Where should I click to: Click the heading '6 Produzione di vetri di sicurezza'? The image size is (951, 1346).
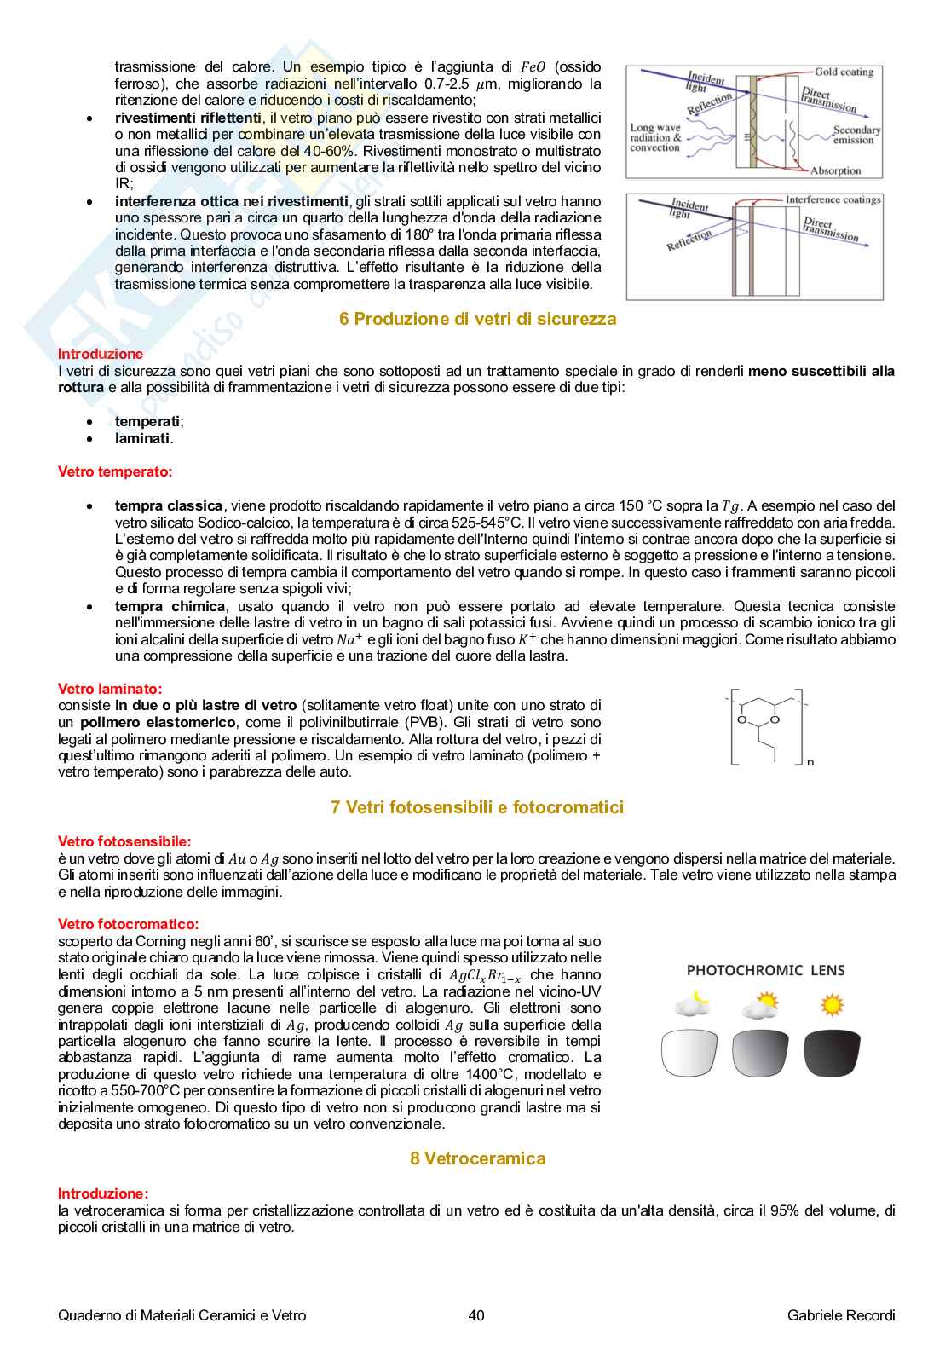click(x=477, y=319)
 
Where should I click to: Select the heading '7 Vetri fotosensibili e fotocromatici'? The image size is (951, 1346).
click(x=477, y=806)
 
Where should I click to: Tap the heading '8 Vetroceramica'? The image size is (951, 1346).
click(x=477, y=1158)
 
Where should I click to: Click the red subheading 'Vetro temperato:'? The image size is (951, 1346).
click(x=114, y=471)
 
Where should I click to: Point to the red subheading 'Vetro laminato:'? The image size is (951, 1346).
click(x=110, y=688)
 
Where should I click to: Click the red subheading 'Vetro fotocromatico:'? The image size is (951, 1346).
click(x=128, y=923)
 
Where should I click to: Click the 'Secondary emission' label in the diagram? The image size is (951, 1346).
click(x=856, y=135)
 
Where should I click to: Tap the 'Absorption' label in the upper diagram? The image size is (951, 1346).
click(x=835, y=170)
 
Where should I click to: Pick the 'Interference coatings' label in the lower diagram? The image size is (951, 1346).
click(x=832, y=199)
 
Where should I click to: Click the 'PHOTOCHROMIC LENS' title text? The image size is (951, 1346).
click(x=765, y=969)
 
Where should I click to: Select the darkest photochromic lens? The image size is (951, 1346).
click(x=832, y=1054)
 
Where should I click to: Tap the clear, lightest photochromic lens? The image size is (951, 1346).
click(x=689, y=1054)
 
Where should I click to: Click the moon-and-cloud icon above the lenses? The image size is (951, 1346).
click(x=694, y=1003)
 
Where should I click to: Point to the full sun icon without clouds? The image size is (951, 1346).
click(x=832, y=1004)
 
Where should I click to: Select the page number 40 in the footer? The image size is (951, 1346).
click(x=476, y=1315)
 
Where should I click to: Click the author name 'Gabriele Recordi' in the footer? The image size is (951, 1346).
click(x=840, y=1315)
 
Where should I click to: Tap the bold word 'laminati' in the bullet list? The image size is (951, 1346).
click(x=142, y=438)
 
